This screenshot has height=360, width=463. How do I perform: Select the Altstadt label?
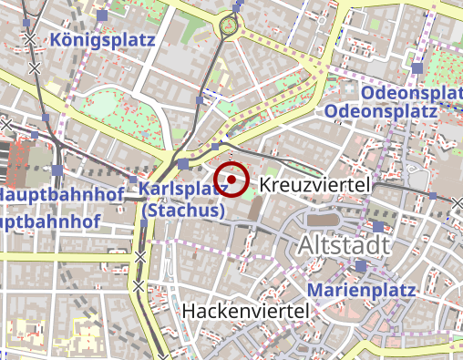pyautogui.click(x=342, y=244)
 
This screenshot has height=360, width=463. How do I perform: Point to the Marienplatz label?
pyautogui.click(x=361, y=290)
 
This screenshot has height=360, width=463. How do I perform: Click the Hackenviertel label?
pyautogui.click(x=245, y=311)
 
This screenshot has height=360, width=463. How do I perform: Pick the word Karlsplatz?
pyautogui.click(x=182, y=189)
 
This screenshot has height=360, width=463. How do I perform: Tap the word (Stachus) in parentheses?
pyautogui.click(x=184, y=210)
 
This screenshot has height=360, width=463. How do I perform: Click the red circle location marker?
pyautogui.click(x=232, y=180)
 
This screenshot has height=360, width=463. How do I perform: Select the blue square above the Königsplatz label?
pyautogui.click(x=101, y=16)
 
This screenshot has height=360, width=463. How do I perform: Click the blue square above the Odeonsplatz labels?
pyautogui.click(x=417, y=68)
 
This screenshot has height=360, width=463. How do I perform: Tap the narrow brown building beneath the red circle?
pyautogui.click(x=253, y=211)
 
